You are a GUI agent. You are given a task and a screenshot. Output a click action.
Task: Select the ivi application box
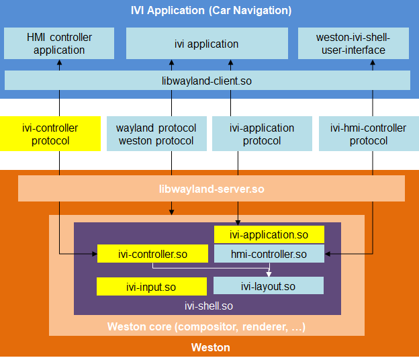(x=207, y=44)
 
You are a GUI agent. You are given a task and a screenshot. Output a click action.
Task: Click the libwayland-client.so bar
(x=207, y=81)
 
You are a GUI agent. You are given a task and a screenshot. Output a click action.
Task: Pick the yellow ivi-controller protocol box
(x=50, y=134)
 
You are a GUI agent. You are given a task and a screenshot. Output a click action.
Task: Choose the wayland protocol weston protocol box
(x=156, y=134)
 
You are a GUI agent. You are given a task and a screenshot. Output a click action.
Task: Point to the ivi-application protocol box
(x=262, y=134)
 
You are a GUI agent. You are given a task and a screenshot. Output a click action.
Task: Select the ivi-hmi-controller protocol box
(x=368, y=134)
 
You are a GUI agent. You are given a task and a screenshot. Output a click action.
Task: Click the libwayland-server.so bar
(x=211, y=189)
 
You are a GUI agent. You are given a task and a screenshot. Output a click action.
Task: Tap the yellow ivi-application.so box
(x=269, y=234)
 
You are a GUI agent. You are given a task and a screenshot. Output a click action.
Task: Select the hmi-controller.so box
(x=269, y=254)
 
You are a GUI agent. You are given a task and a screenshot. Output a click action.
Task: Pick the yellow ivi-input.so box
(x=151, y=287)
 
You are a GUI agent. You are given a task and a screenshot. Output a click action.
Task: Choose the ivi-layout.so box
(x=268, y=286)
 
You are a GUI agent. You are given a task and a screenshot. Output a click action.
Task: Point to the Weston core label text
(x=207, y=327)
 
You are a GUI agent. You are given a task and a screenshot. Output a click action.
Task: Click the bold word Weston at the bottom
(x=210, y=347)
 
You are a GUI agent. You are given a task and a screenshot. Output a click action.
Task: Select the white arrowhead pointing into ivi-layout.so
(x=269, y=274)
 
